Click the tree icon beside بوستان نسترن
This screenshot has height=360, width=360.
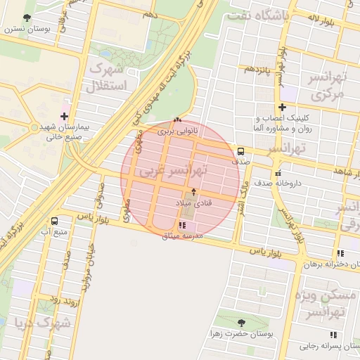27,18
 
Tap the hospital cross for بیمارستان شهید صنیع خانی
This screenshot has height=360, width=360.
65,116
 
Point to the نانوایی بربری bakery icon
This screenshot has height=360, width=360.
176,120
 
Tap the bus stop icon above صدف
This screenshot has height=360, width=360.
241,150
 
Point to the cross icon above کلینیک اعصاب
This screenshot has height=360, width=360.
282,108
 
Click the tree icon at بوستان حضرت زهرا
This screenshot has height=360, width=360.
241,323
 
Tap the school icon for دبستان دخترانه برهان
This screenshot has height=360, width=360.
340,254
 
